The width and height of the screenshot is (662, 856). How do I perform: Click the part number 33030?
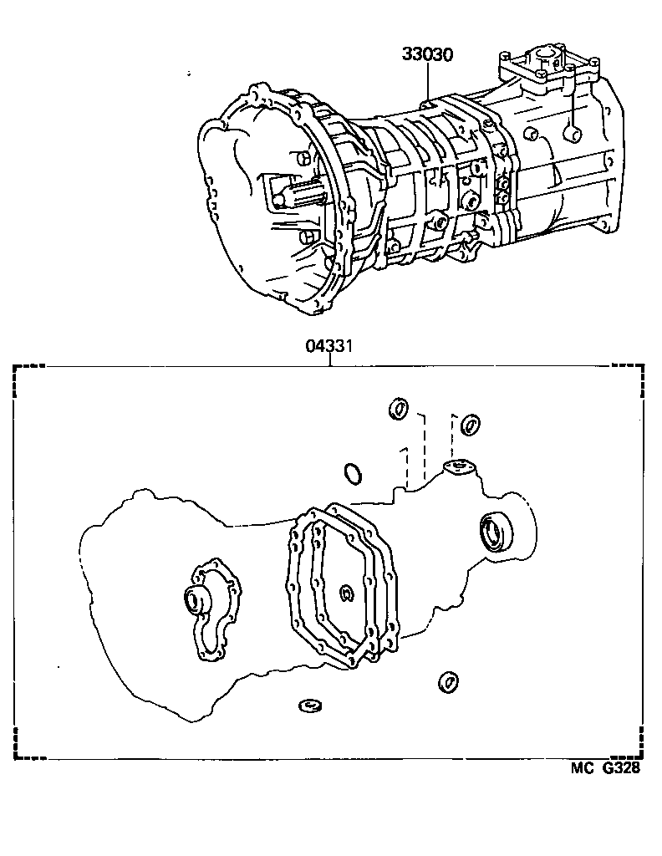click(x=427, y=55)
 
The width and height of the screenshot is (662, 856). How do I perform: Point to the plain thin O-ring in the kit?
click(x=353, y=474)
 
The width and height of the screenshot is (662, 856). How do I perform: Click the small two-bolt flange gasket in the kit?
click(x=457, y=467)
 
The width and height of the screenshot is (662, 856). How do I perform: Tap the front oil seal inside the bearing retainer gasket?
click(x=196, y=601)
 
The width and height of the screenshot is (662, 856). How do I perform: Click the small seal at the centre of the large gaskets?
click(x=347, y=594)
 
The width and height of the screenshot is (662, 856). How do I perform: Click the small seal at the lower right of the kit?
click(x=447, y=682)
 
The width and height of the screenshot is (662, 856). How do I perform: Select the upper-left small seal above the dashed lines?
click(x=398, y=409)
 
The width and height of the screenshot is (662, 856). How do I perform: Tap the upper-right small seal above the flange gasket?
click(x=470, y=424)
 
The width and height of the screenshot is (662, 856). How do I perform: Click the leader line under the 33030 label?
click(x=427, y=84)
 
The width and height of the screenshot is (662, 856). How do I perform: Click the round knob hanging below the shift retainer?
click(x=573, y=130)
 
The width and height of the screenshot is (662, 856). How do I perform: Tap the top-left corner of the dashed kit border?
click(x=15, y=368)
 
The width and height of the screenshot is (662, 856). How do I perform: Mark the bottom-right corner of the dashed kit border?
click(x=644, y=758)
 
